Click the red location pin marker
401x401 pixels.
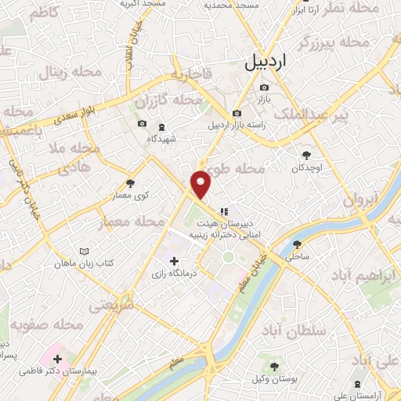(201, 183)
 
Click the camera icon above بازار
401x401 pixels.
(264, 87)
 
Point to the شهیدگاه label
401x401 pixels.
(162, 139)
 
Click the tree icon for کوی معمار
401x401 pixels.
(130, 183)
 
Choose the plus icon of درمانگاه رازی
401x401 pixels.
(174, 260)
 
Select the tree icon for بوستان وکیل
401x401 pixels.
(273, 367)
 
